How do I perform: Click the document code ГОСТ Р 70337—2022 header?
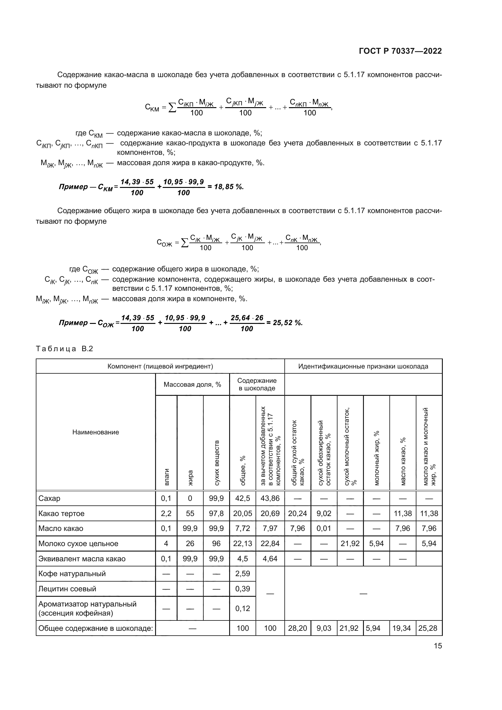pos(400,51)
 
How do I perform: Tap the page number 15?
pos(438,646)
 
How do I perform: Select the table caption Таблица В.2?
pos(64,349)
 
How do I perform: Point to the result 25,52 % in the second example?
pos(287,323)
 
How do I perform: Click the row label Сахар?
pos(49,498)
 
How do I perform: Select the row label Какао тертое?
pos(61,513)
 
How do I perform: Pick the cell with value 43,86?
pos(270,498)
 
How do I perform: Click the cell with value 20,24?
pos(297,513)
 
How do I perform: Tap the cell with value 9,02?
pos(324,513)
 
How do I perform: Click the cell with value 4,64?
pos(270,559)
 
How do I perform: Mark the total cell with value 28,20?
pos(297,628)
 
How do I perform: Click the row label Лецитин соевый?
pos(67,589)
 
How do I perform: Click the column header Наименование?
pos(96,432)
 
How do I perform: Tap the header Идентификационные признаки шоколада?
pos(363,366)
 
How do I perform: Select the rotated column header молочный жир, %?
pos(376,458)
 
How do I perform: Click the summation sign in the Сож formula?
pos(185,243)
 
